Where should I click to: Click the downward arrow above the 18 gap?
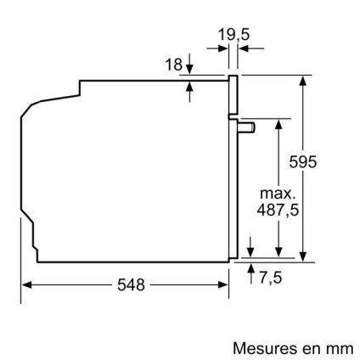(188, 66)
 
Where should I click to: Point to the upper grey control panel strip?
(233, 97)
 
